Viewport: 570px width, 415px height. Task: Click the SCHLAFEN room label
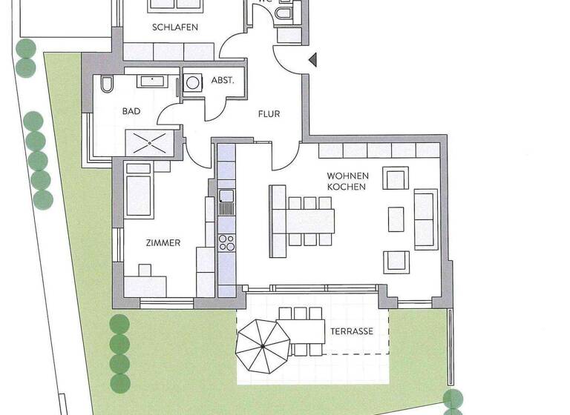pyautogui.click(x=174, y=27)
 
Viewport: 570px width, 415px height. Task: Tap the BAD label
pyautogui.click(x=131, y=111)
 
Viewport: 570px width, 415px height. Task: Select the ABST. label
pyautogui.click(x=223, y=80)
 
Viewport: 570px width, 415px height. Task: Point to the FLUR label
pyautogui.click(x=269, y=114)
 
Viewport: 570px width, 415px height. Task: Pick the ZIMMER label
pyautogui.click(x=162, y=242)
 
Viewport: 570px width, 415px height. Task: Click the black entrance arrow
pyautogui.click(x=313, y=59)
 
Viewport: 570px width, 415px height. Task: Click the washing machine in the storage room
pyautogui.click(x=193, y=84)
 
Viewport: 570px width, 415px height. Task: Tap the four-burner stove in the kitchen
pyautogui.click(x=226, y=242)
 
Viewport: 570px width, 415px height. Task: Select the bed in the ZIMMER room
pyautogui.click(x=139, y=191)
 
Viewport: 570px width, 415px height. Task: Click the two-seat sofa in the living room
pyautogui.click(x=425, y=219)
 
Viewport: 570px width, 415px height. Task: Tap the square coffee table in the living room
pyautogui.click(x=396, y=218)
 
